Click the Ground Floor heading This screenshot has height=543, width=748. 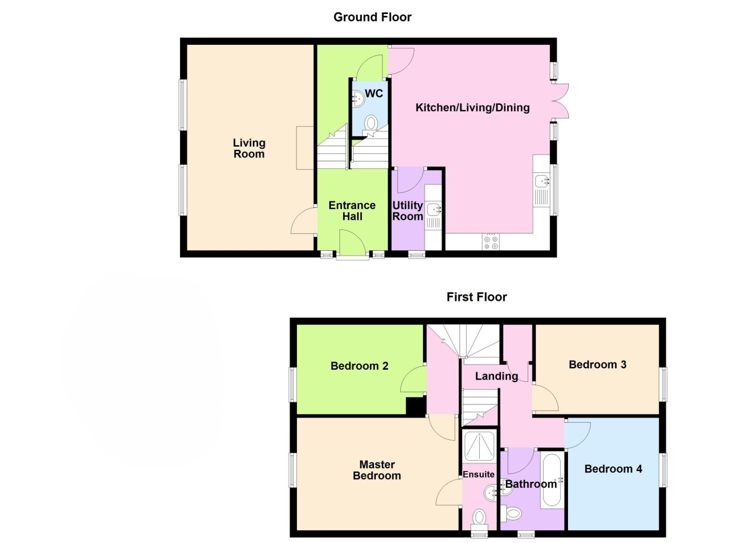point(372,17)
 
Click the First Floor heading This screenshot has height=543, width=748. point(476,297)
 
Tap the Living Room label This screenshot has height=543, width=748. point(249,148)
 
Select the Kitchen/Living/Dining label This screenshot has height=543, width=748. point(472,108)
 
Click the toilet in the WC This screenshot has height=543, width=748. point(371,123)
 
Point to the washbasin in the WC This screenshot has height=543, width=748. point(358,99)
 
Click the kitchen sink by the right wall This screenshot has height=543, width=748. point(542,181)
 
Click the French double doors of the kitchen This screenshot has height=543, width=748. point(560,100)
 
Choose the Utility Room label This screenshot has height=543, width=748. point(407,211)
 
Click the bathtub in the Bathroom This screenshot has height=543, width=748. point(553,481)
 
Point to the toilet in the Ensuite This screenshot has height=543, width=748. point(479,517)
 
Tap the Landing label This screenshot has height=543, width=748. point(496,376)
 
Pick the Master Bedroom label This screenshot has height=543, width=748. point(377,470)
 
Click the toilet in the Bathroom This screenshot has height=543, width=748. point(511,514)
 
